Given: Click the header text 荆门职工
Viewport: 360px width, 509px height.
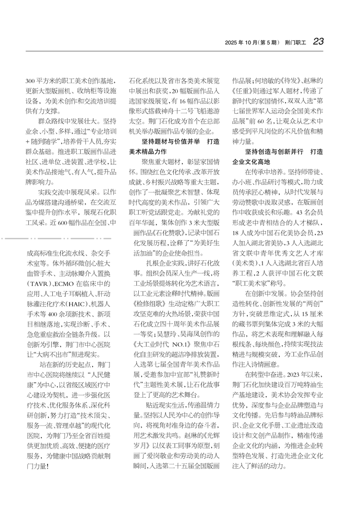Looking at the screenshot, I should tap(295, 43).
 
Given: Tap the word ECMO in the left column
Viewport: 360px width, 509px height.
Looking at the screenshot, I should tap(65, 283).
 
